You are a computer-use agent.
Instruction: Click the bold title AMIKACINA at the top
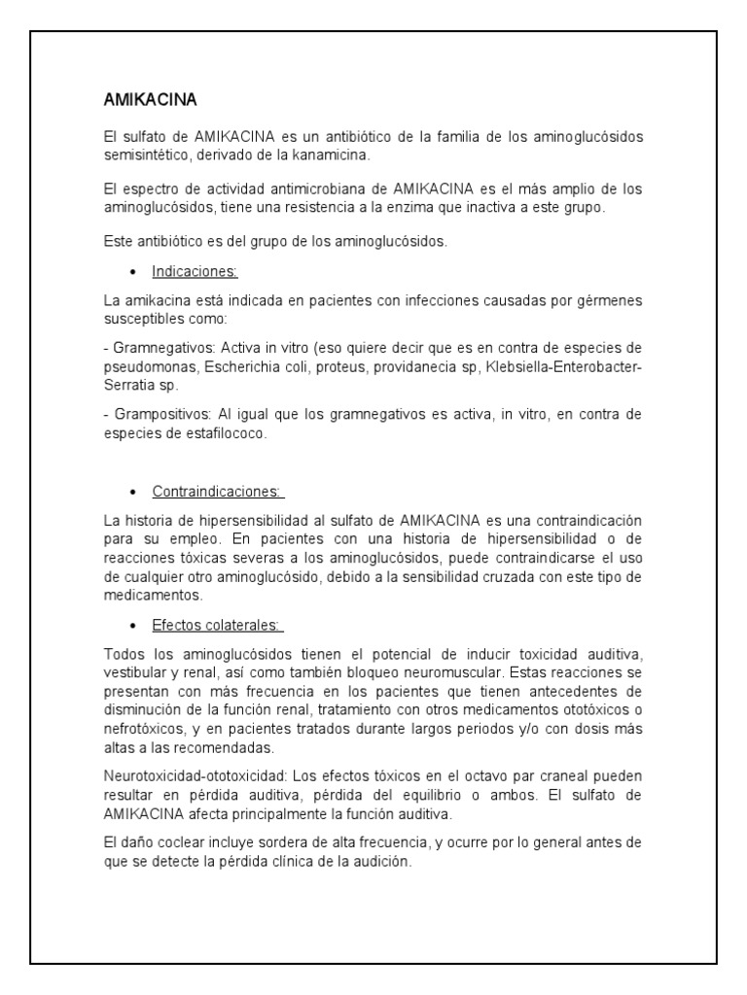151,100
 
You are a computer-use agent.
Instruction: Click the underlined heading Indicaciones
195,272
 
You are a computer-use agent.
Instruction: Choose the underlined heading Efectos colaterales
217,625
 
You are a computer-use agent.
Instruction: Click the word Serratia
126,385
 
